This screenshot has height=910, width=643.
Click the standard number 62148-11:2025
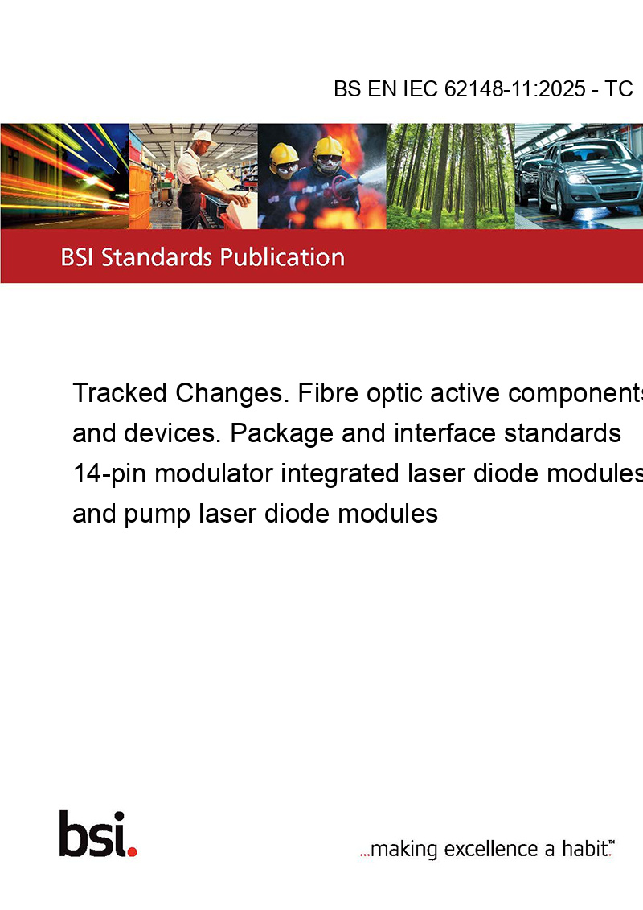(515, 88)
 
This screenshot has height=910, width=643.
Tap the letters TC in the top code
(619, 88)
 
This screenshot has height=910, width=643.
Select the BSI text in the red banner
(78, 257)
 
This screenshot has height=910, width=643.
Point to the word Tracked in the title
(120, 393)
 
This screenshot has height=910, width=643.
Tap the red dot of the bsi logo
(132, 851)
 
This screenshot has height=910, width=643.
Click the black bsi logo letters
(93, 834)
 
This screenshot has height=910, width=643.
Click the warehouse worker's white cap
(203, 137)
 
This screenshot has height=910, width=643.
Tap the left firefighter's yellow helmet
(283, 154)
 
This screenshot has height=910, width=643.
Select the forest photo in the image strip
(450, 176)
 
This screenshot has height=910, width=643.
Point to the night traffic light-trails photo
(64, 176)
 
